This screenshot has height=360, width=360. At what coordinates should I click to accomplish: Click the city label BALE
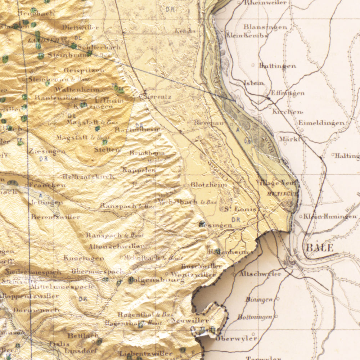[320, 248]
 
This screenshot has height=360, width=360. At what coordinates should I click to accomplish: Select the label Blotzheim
[209, 185]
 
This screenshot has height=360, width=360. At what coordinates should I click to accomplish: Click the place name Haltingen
[347, 156]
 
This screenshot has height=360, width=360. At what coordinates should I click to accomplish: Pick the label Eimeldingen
[321, 123]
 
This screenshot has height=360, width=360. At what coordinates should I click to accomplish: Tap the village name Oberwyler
[237, 338]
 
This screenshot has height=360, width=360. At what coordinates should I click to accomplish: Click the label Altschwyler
[260, 274]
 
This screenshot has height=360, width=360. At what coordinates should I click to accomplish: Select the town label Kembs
[185, 31]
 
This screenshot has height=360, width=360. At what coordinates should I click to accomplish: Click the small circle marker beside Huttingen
[253, 66]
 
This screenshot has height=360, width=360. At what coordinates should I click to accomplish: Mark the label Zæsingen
[47, 152]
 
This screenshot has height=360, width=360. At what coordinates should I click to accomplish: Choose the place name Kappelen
[139, 170]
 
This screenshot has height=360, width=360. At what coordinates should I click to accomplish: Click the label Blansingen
[265, 27]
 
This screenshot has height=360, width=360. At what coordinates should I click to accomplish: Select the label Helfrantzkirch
[88, 176]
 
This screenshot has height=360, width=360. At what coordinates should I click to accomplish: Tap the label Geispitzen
[84, 70]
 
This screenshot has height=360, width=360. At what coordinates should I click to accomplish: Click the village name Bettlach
[83, 336]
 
